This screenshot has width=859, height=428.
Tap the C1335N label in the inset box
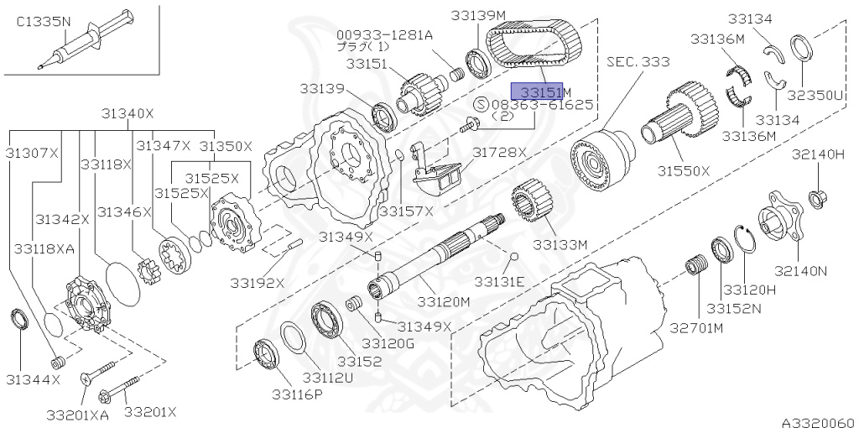pos(44,23)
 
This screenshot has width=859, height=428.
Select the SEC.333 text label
pos(638,61)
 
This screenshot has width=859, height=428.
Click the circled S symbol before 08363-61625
pos(480,105)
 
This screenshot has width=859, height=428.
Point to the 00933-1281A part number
pos(385,34)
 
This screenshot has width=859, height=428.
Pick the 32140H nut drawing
pos(815,198)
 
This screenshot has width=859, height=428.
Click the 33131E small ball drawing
pos(515,255)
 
